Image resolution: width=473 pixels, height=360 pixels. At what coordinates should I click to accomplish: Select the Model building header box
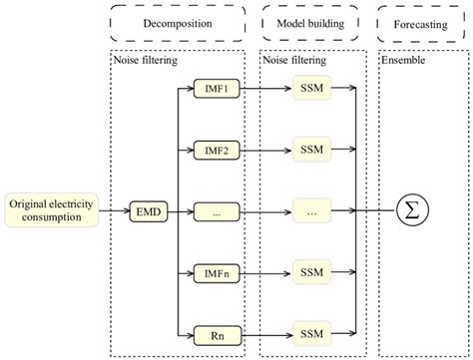click(x=310, y=22)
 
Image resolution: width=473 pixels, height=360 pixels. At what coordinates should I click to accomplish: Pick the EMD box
click(x=147, y=210)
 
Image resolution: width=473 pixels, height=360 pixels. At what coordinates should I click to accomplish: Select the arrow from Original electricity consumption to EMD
click(x=115, y=210)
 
